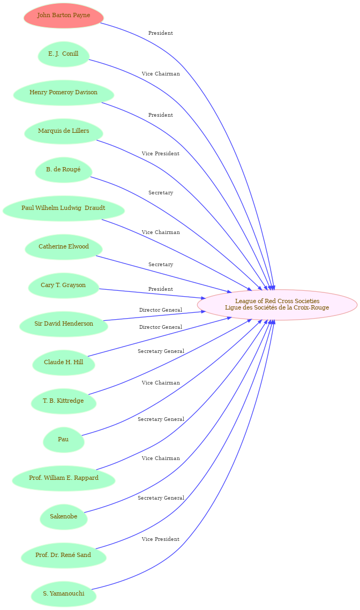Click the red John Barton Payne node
pos(63,16)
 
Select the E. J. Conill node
pos(63,54)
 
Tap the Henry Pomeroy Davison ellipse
pos(63,93)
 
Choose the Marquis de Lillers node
pos(63,131)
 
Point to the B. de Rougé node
pos(63,170)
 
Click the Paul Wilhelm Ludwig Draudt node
pos(63,208)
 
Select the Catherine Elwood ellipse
pos(63,247)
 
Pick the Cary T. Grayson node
pos(63,285)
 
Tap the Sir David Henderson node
pos(63,324)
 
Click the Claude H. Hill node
pos(63,363)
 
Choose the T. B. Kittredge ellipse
pos(63,401)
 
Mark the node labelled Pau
pos(63,440)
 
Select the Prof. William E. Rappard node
pos(63,478)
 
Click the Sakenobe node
pos(63,517)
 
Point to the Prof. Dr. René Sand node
pos(63,555)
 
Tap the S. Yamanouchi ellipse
pos(63,594)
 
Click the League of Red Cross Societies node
pos(277,304)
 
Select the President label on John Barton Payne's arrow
pos(160,33)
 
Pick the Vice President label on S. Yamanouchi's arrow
pos(160,539)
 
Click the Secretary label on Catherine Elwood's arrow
pos(160,265)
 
